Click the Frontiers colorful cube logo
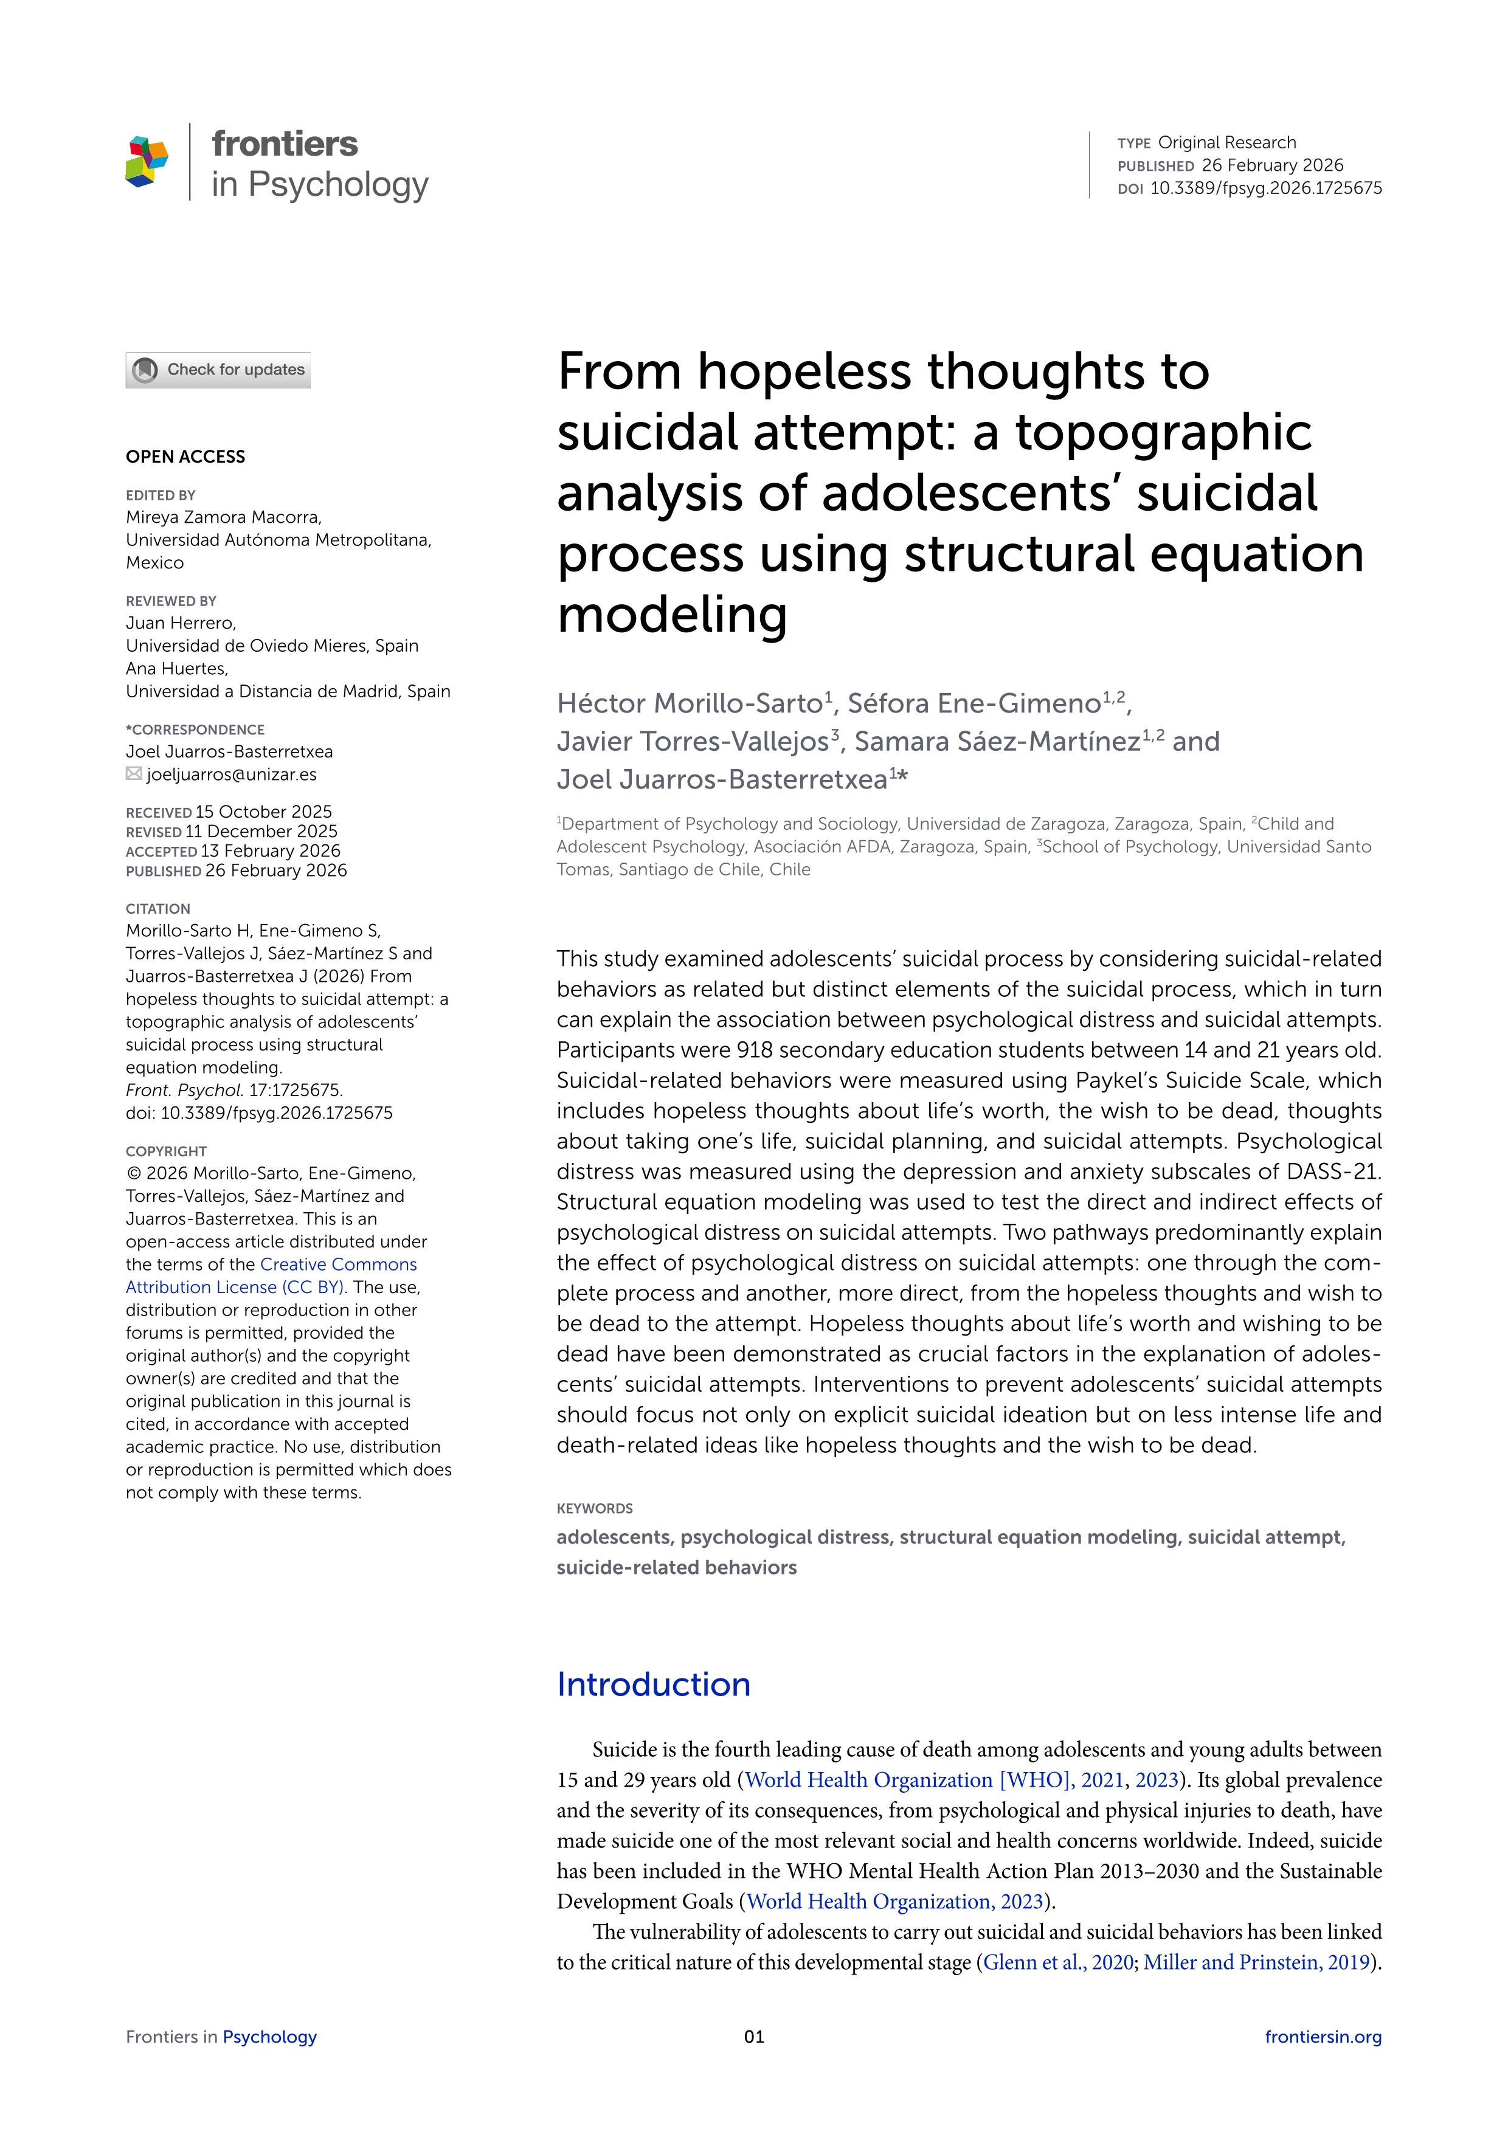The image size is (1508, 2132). [x=147, y=162]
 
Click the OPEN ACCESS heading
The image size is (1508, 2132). [x=185, y=457]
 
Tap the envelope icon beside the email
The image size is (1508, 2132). [x=134, y=773]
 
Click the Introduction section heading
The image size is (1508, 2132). [x=654, y=1685]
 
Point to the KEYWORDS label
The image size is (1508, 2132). [x=594, y=1509]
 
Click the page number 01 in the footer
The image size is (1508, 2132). [x=754, y=2037]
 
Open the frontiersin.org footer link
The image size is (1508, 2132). [x=1323, y=2037]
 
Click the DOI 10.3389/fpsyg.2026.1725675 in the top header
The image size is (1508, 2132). [x=1265, y=188]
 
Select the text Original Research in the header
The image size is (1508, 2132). [x=1226, y=142]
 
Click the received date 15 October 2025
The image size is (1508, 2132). [x=264, y=812]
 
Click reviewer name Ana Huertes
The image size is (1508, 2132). [x=176, y=669]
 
